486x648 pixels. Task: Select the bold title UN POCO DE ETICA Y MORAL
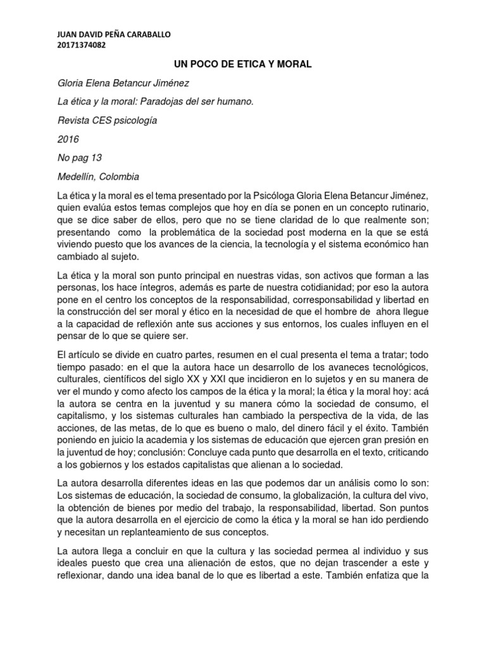click(242, 64)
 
